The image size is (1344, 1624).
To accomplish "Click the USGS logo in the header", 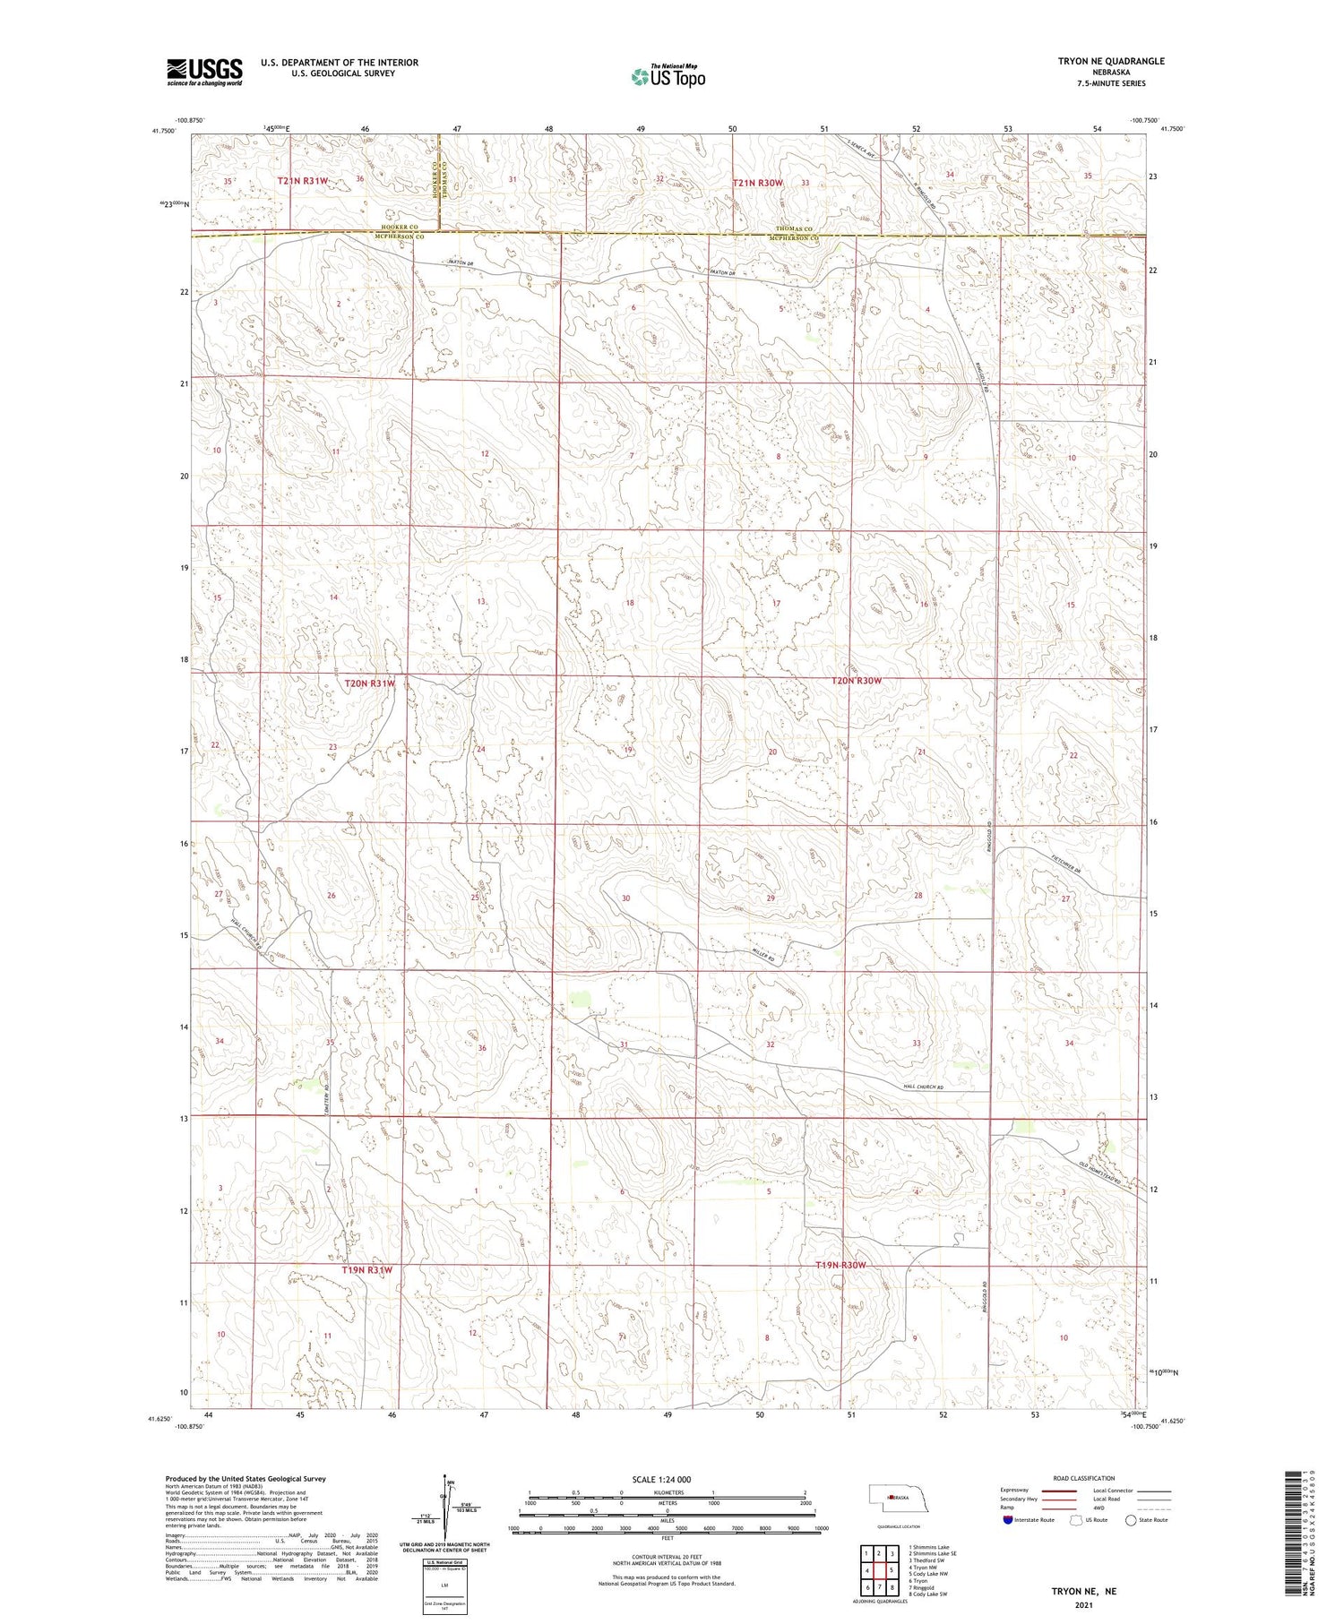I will pos(204,72).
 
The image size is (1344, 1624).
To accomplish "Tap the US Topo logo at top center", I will pos(668,76).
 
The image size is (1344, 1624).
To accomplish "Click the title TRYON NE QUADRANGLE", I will pos(1111,61).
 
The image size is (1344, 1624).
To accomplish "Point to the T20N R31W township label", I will pos(369,683).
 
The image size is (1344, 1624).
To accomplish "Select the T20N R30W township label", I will pos(857,681).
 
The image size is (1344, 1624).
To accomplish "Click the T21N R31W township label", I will pos(302,181).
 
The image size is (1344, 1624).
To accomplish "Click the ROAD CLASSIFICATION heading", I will pos(1084,1478).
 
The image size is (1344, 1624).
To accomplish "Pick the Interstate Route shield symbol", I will pos(1008,1520).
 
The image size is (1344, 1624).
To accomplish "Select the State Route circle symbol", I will pos(1131,1520).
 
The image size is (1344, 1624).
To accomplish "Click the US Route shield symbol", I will pos(1076,1520).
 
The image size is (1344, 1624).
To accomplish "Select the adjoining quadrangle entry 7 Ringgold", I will pos(926,1587).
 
